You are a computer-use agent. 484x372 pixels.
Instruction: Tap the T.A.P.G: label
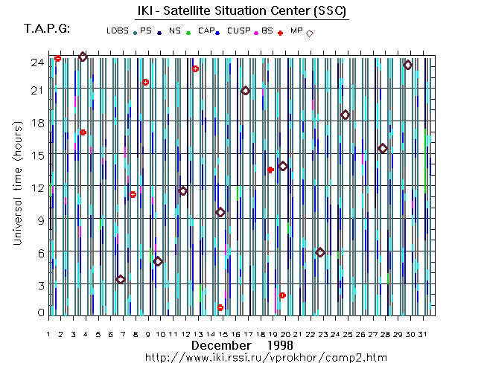tap(47, 29)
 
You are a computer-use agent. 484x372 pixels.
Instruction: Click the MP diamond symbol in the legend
tap(310, 33)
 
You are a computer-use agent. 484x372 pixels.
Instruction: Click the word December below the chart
tap(221, 345)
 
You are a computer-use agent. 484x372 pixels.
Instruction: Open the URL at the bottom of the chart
tap(266, 358)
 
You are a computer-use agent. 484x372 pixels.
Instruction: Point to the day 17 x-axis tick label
tap(248, 334)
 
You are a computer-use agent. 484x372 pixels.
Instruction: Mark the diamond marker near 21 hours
tap(246, 91)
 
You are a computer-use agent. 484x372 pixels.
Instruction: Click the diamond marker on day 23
tap(320, 253)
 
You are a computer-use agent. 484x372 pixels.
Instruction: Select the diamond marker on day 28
tap(383, 149)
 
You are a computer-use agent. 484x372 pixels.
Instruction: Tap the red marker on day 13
tap(196, 69)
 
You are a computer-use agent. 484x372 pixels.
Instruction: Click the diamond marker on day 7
tap(121, 280)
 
